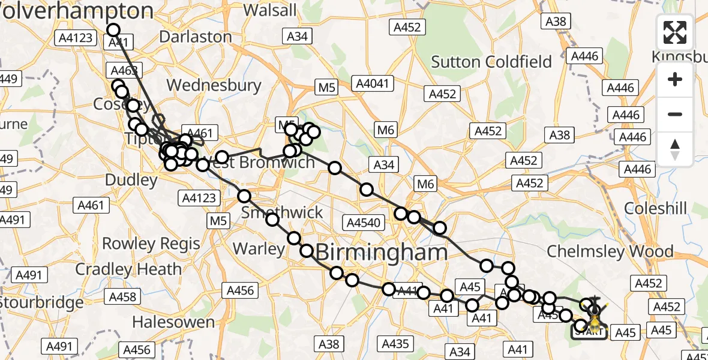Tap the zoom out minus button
(675, 114)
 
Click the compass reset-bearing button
(675, 149)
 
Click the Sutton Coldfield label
(491, 62)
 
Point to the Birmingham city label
(382, 253)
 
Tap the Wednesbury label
(214, 85)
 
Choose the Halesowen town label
(173, 322)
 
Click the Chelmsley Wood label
(610, 251)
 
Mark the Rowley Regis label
(151, 244)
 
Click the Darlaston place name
(195, 37)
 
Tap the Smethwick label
(281, 212)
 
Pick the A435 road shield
(395, 343)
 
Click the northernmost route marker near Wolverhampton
(113, 30)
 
